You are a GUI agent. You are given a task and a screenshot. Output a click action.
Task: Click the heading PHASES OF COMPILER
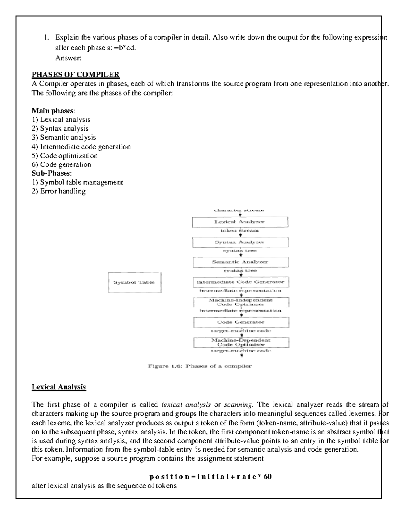(x=75, y=74)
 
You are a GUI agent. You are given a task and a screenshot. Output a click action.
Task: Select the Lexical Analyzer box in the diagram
(x=240, y=222)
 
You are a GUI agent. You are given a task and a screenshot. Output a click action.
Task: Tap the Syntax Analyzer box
(x=240, y=242)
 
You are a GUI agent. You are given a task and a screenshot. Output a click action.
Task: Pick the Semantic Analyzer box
(x=240, y=262)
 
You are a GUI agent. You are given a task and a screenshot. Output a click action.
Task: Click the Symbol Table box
(x=134, y=282)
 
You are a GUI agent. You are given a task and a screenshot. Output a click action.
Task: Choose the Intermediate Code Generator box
(x=241, y=282)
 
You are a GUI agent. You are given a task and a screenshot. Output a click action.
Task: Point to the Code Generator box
(x=241, y=322)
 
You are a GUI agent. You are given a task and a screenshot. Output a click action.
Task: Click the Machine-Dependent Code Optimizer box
(x=241, y=342)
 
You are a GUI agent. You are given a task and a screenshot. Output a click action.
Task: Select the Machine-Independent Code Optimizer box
(x=241, y=302)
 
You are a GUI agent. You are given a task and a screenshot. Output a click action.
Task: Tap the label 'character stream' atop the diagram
(x=239, y=210)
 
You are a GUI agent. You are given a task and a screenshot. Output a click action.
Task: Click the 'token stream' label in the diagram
(x=240, y=230)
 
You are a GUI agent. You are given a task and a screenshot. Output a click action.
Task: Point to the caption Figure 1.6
(x=199, y=366)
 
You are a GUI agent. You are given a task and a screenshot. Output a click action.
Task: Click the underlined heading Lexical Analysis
(x=59, y=387)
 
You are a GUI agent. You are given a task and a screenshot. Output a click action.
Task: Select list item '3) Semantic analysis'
(x=64, y=137)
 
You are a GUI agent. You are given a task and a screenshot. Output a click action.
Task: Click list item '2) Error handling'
(x=59, y=191)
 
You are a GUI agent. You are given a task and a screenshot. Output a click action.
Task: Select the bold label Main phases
(x=54, y=111)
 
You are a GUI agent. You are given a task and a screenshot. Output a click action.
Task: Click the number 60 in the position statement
(x=268, y=477)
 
